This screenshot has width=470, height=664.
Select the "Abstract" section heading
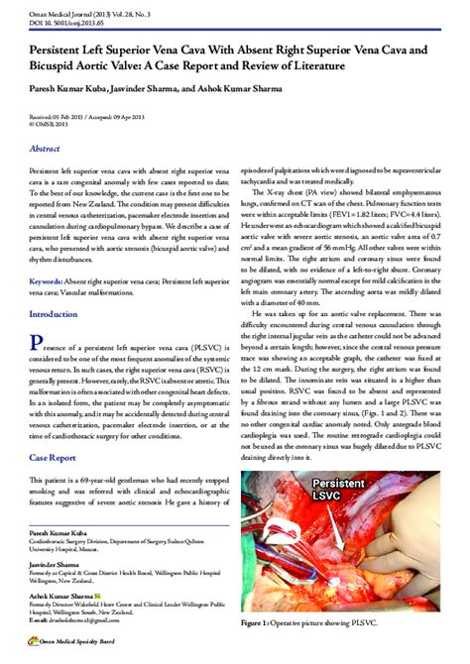tap(51, 148)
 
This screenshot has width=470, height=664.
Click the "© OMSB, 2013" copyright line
tap(47, 125)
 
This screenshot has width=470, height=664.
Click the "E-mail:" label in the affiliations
tap(39, 619)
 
